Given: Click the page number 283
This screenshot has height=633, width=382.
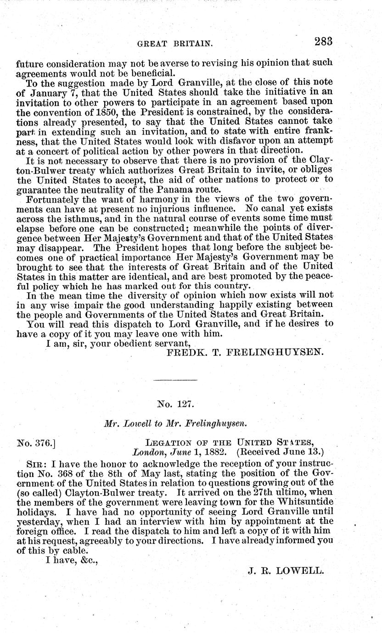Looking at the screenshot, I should (x=323, y=42).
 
